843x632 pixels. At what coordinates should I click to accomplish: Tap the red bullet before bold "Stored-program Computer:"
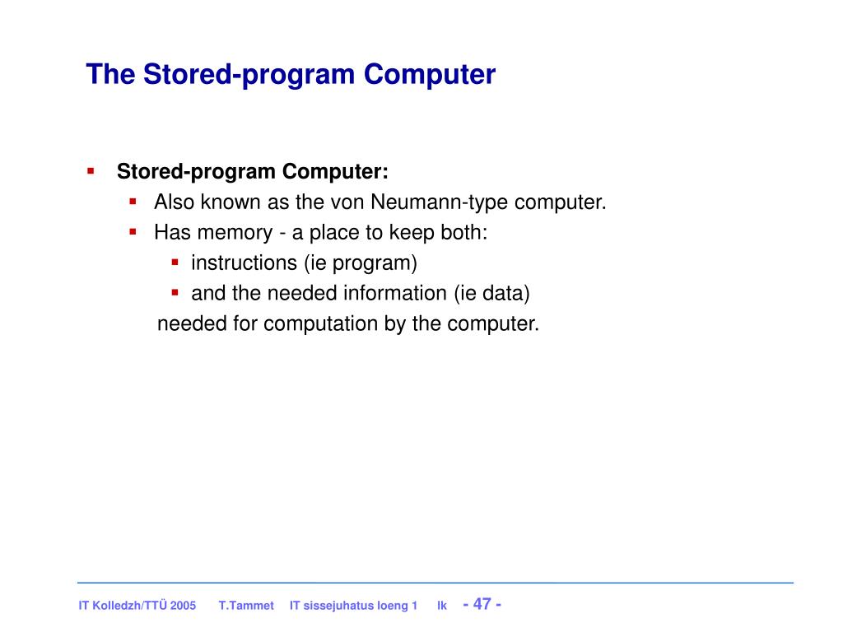91,171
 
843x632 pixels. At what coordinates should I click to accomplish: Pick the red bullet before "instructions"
175,263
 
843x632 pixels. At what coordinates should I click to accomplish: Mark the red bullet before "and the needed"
175,293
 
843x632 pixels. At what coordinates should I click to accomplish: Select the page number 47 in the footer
482,604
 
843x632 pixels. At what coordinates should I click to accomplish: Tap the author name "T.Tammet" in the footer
246,606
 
